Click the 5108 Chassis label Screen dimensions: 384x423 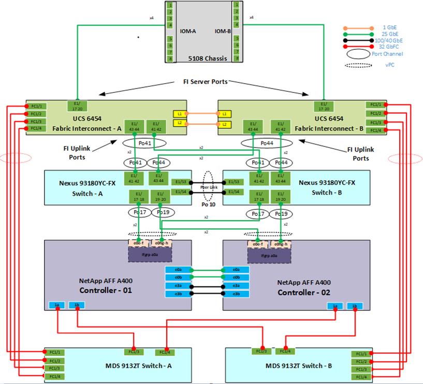(208, 58)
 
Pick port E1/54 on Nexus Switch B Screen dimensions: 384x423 (234, 192)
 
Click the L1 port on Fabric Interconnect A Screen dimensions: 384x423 (178, 113)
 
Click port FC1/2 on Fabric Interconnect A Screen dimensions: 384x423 (35, 113)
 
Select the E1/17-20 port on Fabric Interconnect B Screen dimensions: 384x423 (324, 106)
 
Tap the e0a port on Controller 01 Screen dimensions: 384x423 (173, 270)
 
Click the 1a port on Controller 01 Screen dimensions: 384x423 (56, 305)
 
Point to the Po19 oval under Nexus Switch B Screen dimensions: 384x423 (282, 213)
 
